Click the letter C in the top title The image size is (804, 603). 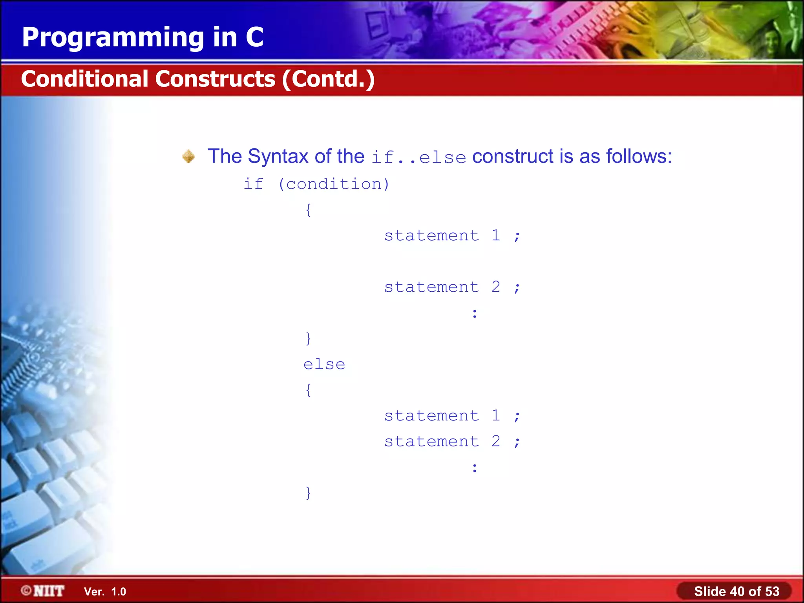(x=254, y=37)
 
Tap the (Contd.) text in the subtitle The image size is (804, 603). (x=328, y=79)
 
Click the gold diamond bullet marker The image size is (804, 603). (x=188, y=156)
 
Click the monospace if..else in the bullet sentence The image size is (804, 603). (x=418, y=157)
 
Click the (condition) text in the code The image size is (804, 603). (x=334, y=184)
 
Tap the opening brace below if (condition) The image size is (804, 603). (x=309, y=210)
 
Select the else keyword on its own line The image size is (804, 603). (x=324, y=364)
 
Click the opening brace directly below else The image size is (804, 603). (x=309, y=390)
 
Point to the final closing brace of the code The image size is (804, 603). (x=309, y=493)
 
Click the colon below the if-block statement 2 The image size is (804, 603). (x=475, y=313)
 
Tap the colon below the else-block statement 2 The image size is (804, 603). (x=475, y=468)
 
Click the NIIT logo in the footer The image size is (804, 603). (x=43, y=591)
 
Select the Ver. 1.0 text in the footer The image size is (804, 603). (x=105, y=592)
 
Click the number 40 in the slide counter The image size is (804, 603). (x=737, y=591)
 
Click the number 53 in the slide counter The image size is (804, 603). (x=772, y=591)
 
